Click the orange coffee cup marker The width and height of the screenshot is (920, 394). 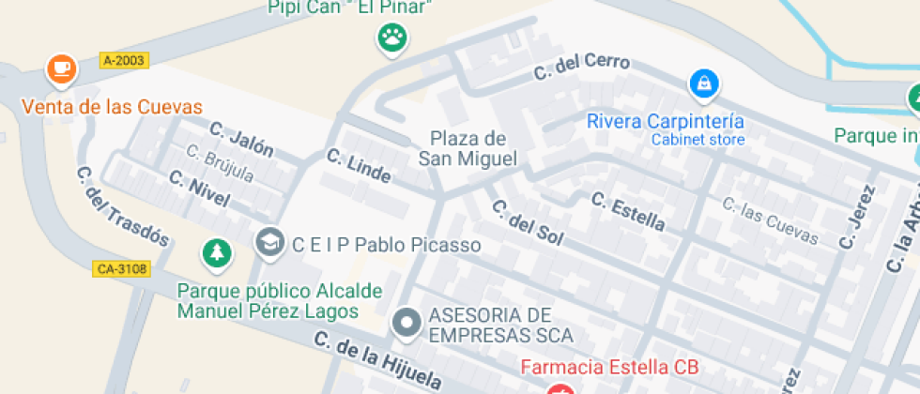pyautogui.click(x=61, y=68)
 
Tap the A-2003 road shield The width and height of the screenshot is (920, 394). pyautogui.click(x=123, y=61)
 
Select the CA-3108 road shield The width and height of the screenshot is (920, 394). pyautogui.click(x=122, y=269)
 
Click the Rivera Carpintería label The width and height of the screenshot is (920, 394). pyautogui.click(x=666, y=121)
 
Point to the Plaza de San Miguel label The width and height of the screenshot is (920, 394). pyautogui.click(x=468, y=149)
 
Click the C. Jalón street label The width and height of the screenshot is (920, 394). pyautogui.click(x=241, y=139)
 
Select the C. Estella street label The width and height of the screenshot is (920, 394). pyautogui.click(x=628, y=211)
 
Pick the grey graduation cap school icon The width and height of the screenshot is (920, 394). pyautogui.click(x=269, y=242)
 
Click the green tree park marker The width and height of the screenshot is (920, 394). pyautogui.click(x=217, y=252)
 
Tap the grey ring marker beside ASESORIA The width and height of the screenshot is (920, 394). pyautogui.click(x=406, y=323)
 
